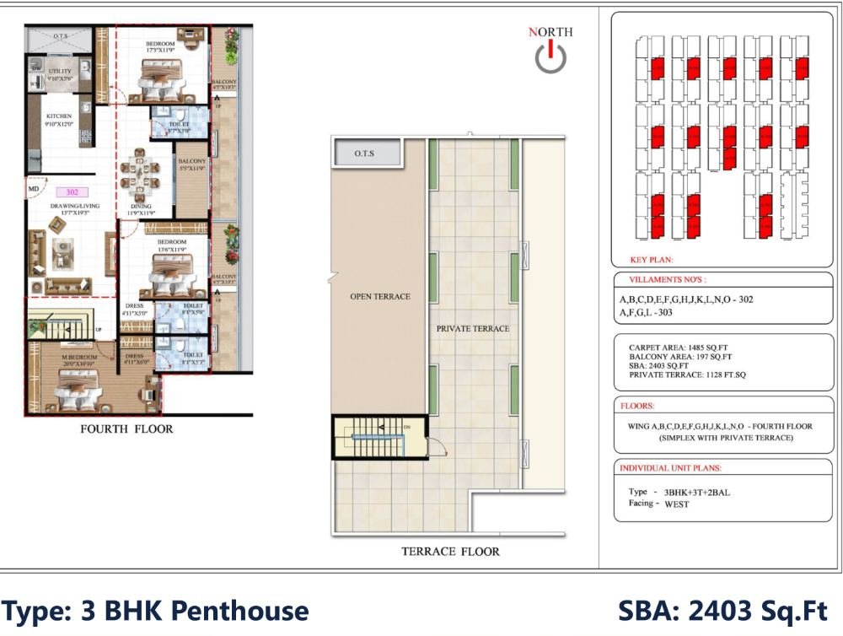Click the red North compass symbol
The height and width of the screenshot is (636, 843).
550,57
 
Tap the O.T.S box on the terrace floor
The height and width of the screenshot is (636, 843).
364,154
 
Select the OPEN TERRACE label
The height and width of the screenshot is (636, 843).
379,297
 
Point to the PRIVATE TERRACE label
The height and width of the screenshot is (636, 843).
472,328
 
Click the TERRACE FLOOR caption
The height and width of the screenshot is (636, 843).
450,552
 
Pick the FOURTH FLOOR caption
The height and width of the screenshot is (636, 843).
126,429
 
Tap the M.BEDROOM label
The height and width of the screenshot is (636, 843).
79,358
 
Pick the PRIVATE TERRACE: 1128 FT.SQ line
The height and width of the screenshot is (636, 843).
688,375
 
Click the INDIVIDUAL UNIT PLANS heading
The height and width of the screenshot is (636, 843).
671,468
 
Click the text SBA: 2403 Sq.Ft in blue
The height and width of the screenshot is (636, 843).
723,611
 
